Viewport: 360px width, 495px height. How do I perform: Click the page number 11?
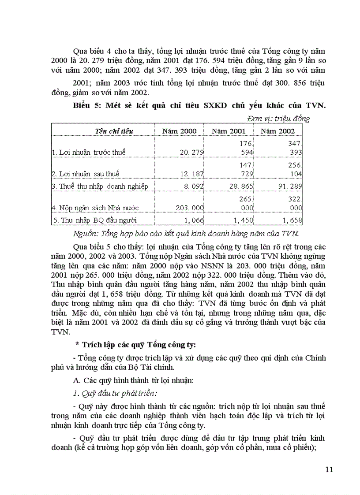[329, 469]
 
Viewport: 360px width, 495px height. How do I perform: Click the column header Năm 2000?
[180, 131]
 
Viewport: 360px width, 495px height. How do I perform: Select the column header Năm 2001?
[229, 131]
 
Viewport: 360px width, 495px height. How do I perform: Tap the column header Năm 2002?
[277, 131]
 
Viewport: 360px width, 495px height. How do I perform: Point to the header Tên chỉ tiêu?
[114, 131]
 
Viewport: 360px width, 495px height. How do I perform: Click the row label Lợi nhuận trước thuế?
[89, 153]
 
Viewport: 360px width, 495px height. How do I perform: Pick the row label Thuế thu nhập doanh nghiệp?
[100, 186]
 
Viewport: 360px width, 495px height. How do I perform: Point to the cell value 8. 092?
[193, 186]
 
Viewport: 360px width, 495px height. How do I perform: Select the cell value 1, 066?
[192, 220]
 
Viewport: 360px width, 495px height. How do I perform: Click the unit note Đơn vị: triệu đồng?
[278, 118]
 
